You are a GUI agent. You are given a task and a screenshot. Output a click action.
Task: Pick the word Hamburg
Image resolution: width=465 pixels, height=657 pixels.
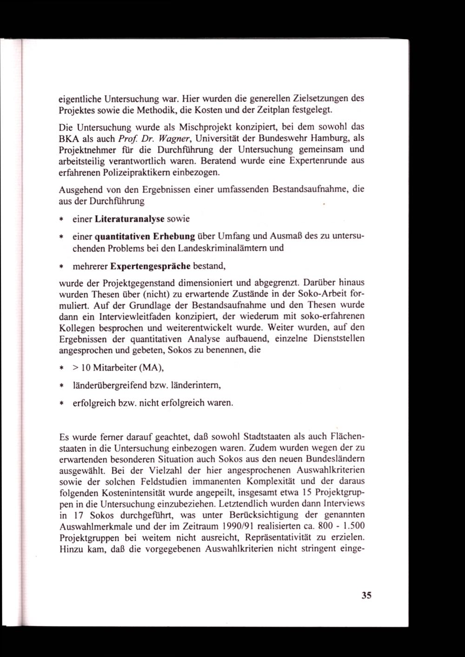click(x=328, y=138)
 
